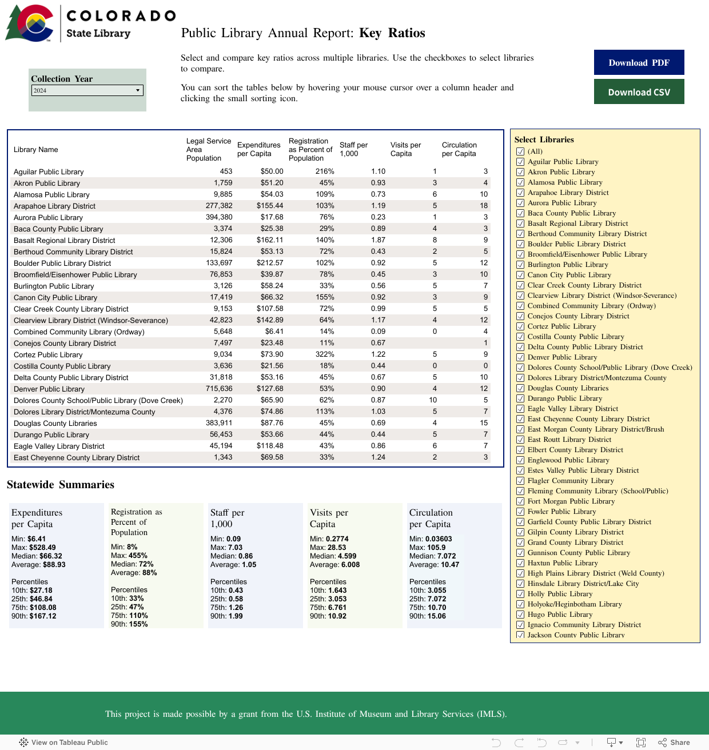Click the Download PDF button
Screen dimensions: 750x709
(x=639, y=62)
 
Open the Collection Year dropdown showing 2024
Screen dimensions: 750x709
(x=87, y=90)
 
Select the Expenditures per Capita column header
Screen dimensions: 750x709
(x=258, y=149)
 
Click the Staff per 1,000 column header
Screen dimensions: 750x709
(x=353, y=149)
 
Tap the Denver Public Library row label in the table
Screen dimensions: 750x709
(x=49, y=389)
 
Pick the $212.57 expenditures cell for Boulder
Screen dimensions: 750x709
(x=270, y=263)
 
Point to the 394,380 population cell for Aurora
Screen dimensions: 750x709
(x=219, y=217)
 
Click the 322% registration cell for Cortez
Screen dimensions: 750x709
(x=325, y=354)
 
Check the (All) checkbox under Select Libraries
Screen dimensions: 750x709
(x=520, y=151)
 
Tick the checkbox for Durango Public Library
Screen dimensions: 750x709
(x=520, y=398)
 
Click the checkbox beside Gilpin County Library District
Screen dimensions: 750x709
(x=520, y=532)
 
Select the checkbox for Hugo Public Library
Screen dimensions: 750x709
(x=520, y=615)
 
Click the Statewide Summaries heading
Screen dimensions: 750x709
(x=61, y=485)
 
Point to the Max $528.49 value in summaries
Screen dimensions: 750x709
(x=42, y=547)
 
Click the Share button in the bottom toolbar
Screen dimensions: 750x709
(x=674, y=742)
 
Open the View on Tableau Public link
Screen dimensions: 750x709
(x=63, y=742)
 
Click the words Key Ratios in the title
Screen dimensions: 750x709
(x=392, y=33)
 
